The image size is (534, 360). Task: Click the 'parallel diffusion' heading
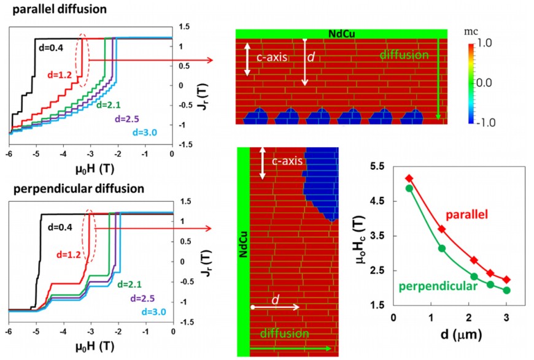60,9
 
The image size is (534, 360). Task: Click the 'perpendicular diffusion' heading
79,188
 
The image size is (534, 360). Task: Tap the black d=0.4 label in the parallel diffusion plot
51,48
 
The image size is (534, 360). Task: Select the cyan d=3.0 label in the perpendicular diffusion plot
154,312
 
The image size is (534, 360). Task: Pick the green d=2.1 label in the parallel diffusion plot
108,105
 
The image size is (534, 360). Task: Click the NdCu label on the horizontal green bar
342,34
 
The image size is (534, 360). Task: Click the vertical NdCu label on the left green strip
243,244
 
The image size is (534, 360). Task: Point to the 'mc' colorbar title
471,32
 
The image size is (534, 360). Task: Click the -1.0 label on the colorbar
486,123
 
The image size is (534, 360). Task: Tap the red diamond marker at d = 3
506,280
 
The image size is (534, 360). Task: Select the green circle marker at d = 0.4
409,188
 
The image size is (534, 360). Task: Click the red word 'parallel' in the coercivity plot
467,215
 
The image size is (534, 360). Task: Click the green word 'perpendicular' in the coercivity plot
438,286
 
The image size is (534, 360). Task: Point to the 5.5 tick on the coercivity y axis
377,166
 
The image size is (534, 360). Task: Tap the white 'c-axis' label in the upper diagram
272,57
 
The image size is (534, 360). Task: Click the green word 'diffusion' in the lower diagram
285,333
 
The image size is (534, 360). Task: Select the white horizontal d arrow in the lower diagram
276,307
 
